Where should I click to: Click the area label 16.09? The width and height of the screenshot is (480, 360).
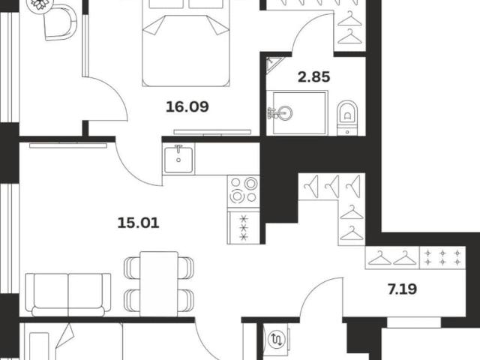(x=187, y=106)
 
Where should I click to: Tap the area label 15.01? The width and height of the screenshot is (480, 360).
(x=138, y=223)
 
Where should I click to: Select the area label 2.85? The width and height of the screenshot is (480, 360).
(x=313, y=76)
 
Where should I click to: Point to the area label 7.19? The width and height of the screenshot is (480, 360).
(x=402, y=289)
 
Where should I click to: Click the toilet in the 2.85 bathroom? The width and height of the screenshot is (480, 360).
(x=347, y=118)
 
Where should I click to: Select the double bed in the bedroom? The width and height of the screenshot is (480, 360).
(x=186, y=43)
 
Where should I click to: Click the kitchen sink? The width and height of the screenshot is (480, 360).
(x=178, y=159)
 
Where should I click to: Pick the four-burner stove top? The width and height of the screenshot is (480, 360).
(x=243, y=190)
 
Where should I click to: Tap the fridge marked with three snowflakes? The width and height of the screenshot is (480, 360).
(x=243, y=226)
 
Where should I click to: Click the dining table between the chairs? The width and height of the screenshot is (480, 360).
(x=159, y=283)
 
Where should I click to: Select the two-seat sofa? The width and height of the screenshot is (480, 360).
(x=68, y=295)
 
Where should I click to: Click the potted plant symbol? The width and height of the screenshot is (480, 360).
(x=40, y=4)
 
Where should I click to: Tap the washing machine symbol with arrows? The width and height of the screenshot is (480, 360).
(x=277, y=339)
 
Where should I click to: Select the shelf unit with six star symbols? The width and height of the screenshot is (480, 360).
(x=442, y=257)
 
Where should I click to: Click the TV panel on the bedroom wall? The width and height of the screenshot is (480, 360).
(x=212, y=132)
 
